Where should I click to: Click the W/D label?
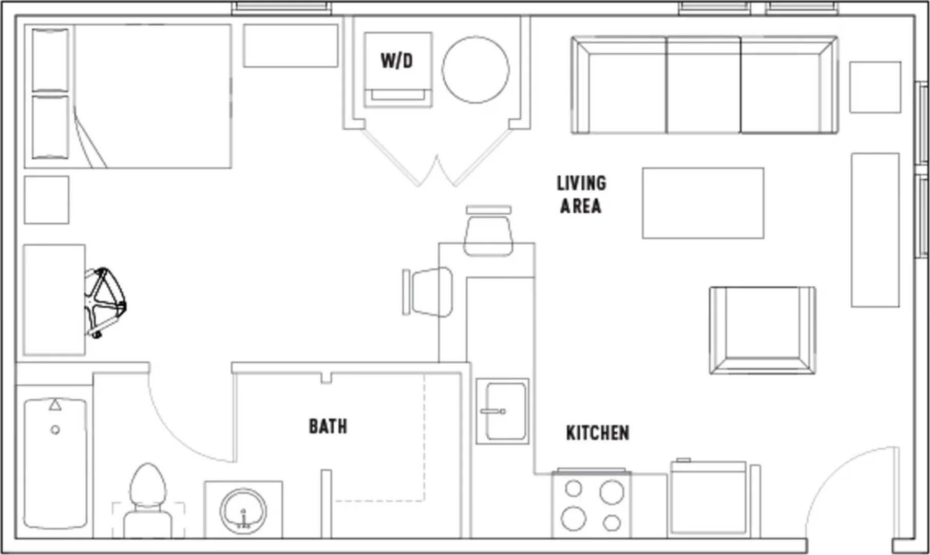point(396,61)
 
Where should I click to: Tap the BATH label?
point(328,426)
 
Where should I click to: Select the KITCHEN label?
point(597,433)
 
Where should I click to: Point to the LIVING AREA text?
point(581,194)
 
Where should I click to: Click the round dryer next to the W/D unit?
point(476,69)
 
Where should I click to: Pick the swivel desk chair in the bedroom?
point(105,302)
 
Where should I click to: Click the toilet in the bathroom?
point(148,501)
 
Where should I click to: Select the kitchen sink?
point(502,412)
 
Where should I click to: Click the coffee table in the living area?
point(703,203)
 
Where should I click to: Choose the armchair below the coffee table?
point(763,330)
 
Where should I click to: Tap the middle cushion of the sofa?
point(704,85)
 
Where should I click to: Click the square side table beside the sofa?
point(875,87)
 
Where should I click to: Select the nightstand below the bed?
point(46,200)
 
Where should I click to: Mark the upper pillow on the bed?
point(50,60)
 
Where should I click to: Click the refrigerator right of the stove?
point(708,499)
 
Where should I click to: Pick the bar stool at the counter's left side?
point(428,291)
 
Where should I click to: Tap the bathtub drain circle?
point(55,430)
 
